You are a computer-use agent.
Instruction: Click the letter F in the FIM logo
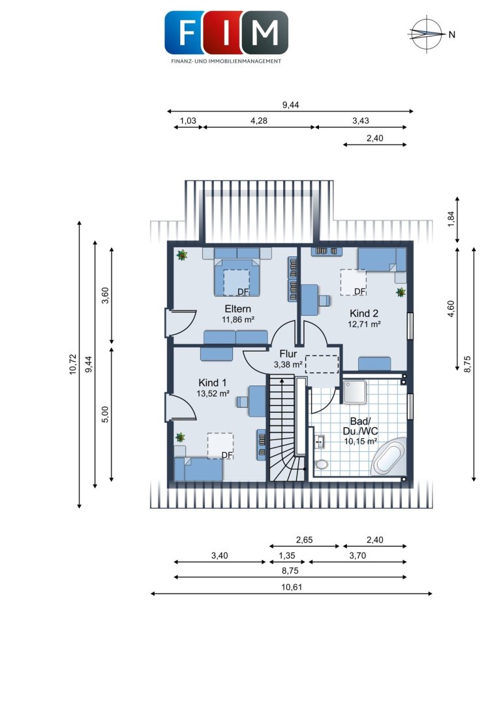[x=186, y=33]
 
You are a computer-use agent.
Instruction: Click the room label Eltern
[x=238, y=309]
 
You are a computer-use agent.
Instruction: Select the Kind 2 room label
[x=364, y=313]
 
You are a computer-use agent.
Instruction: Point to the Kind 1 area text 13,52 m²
[x=213, y=394]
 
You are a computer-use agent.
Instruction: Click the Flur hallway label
[x=288, y=354]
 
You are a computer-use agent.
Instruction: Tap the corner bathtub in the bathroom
[x=388, y=457]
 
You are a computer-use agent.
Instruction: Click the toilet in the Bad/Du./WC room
[x=322, y=464]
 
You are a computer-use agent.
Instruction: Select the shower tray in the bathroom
[x=356, y=391]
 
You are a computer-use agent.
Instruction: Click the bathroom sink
[x=319, y=442]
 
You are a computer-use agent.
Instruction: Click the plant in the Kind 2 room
[x=401, y=292]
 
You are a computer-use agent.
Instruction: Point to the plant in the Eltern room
[x=182, y=256]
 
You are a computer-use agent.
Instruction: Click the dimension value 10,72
[x=73, y=365]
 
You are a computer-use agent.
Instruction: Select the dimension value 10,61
[x=292, y=587]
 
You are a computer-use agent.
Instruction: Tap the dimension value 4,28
[x=258, y=121]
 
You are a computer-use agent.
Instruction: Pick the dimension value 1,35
[x=286, y=556]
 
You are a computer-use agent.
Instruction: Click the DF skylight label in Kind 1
[x=226, y=455]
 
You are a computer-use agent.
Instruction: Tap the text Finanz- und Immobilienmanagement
[x=226, y=61]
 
